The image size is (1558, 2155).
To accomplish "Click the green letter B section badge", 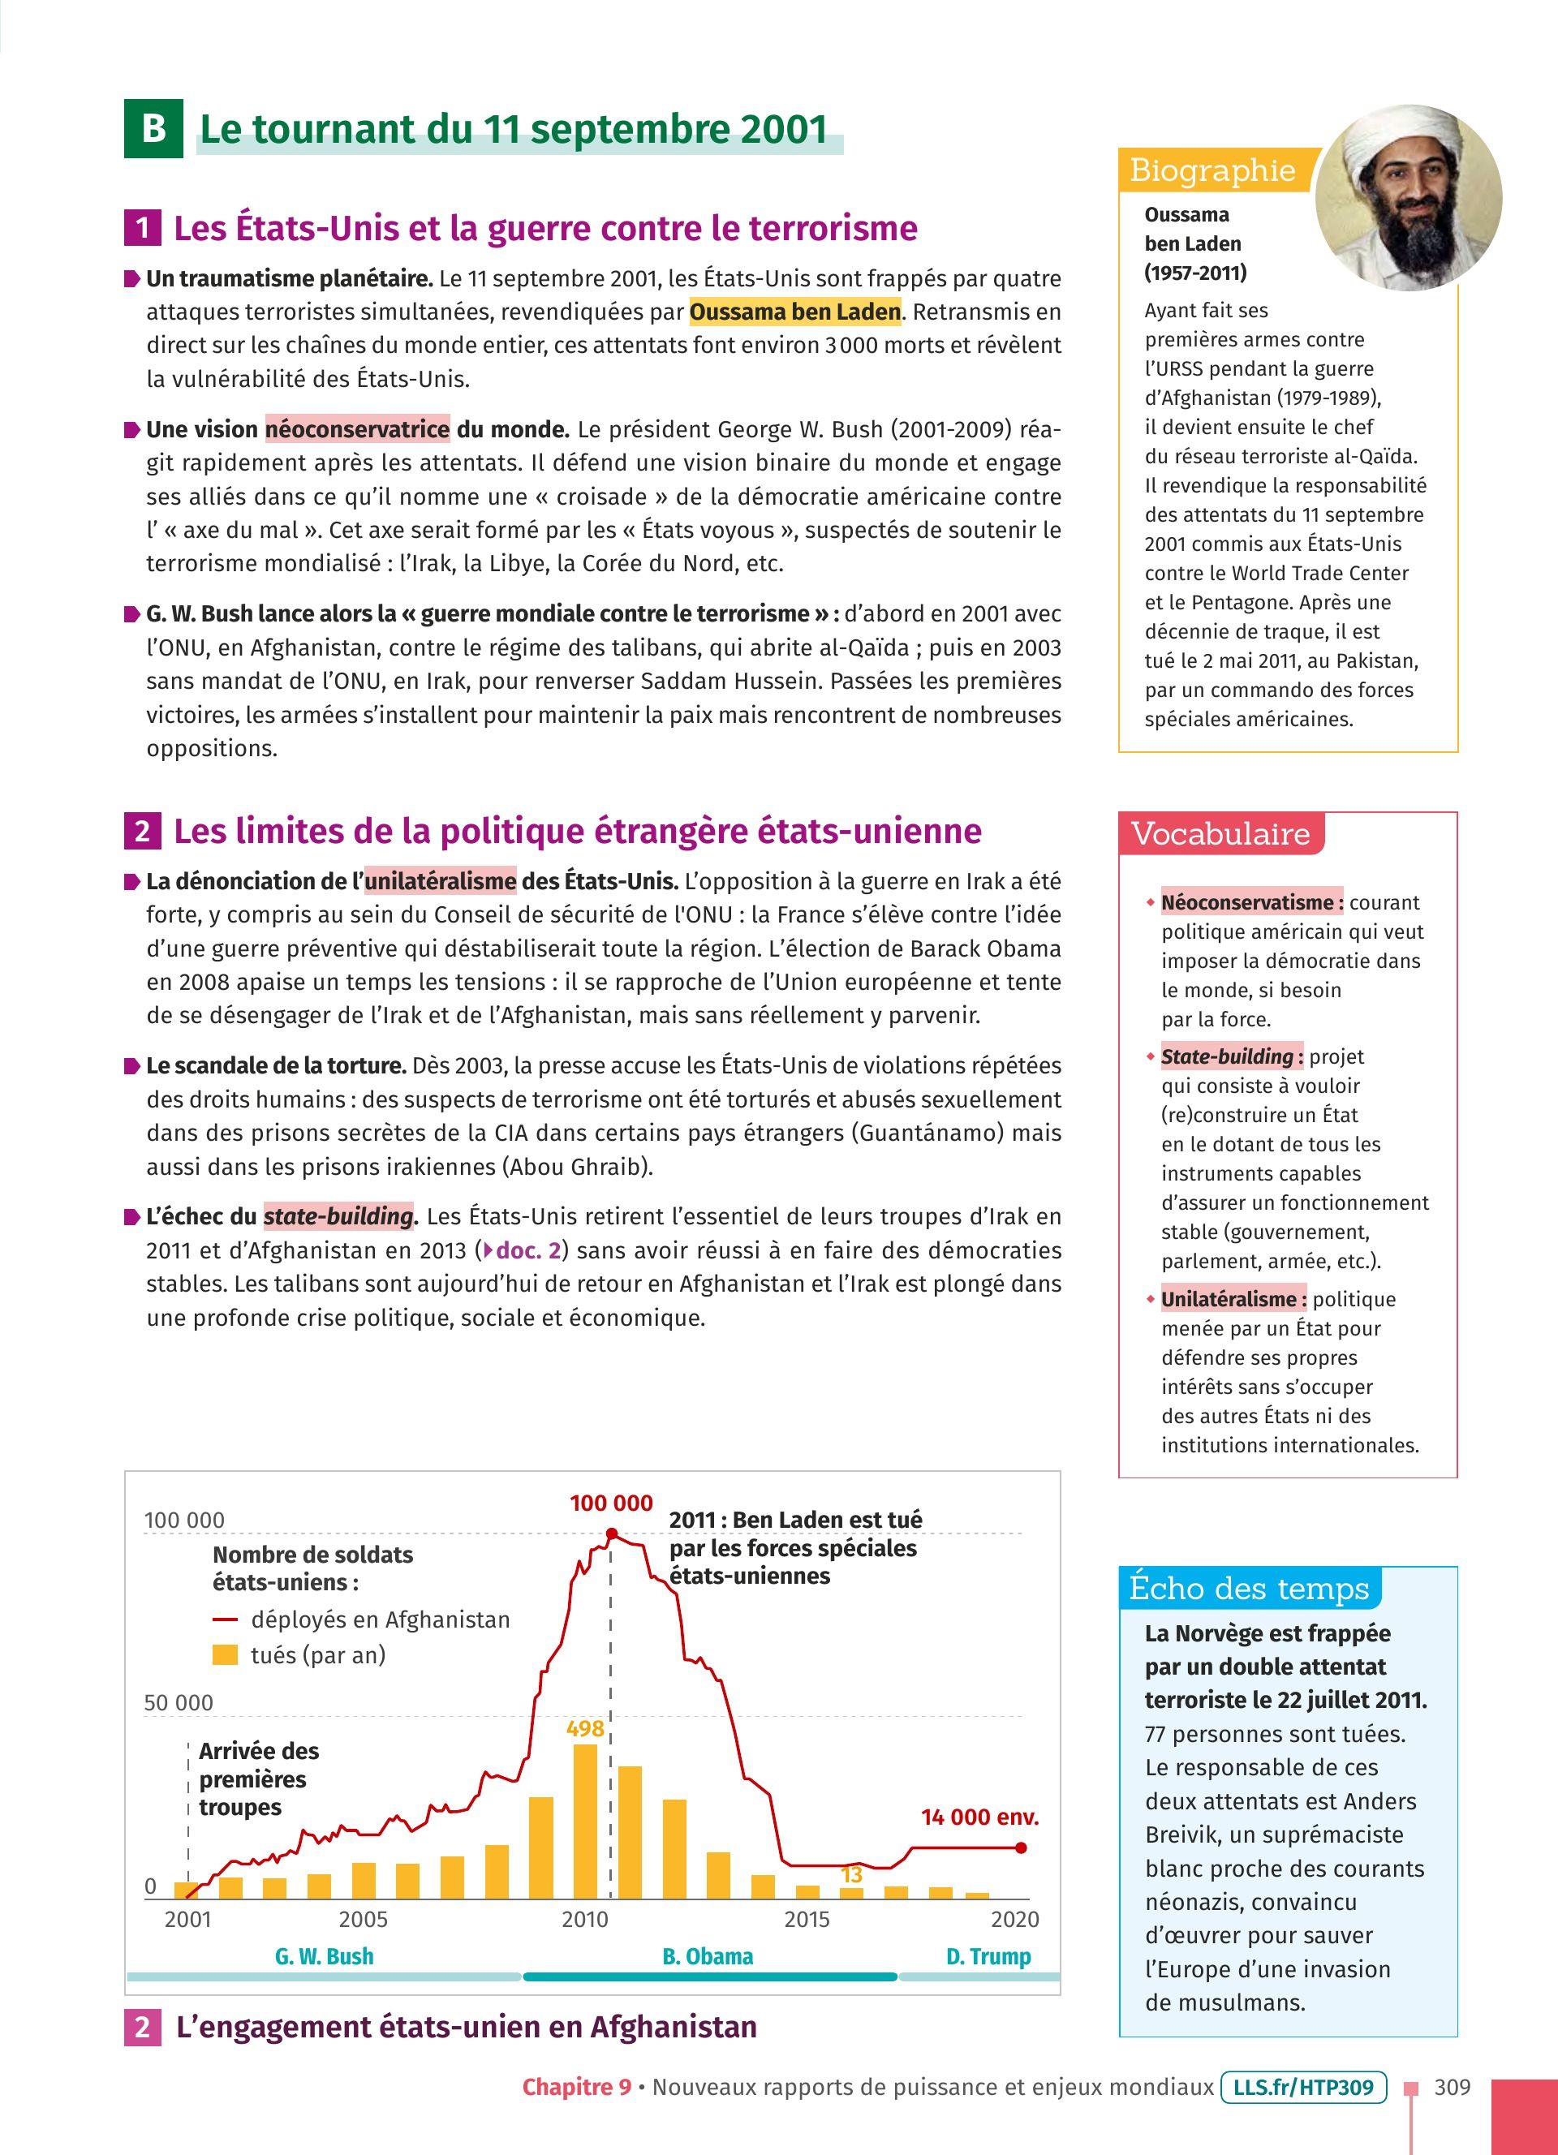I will click(153, 128).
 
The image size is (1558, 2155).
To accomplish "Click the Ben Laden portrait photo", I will click(1408, 198).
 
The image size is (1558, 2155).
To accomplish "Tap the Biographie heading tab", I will click(1212, 171).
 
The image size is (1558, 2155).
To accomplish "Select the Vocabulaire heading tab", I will click(1220, 834).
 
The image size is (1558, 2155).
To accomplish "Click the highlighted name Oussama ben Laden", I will click(795, 312).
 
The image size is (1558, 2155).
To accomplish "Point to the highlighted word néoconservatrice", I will click(357, 429).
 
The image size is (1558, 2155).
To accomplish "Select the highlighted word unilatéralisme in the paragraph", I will click(440, 881).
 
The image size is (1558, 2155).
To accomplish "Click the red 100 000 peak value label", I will click(611, 1503).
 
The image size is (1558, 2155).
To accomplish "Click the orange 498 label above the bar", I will click(585, 1728).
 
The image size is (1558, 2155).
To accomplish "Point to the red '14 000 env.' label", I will click(979, 1817).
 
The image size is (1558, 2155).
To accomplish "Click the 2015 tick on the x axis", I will click(807, 1920).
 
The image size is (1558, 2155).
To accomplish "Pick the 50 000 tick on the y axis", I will click(178, 1703).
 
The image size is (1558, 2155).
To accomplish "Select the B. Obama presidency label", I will click(708, 1956).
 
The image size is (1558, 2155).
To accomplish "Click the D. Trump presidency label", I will click(988, 1956).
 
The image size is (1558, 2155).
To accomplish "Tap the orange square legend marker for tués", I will click(225, 1655).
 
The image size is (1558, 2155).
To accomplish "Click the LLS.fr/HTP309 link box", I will click(1303, 2088).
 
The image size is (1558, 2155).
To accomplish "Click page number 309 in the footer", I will click(1452, 2088).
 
